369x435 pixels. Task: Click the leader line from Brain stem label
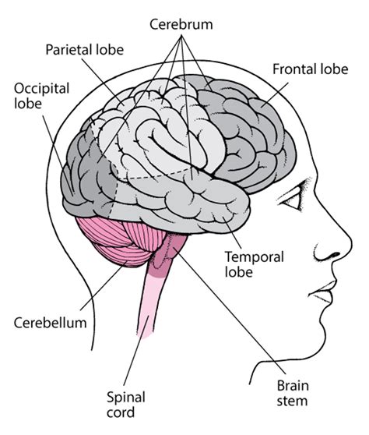[x=234, y=320]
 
